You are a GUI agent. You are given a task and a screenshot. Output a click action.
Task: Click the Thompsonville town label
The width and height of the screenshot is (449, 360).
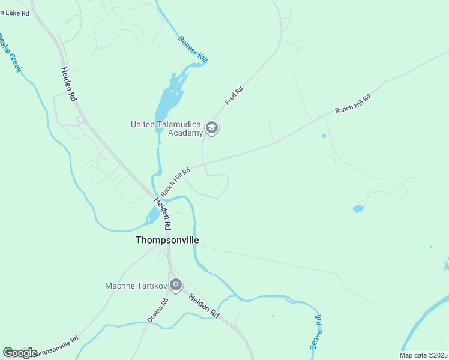click(x=167, y=240)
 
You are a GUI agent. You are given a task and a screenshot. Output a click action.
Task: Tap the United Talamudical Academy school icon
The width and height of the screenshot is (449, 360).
click(x=211, y=128)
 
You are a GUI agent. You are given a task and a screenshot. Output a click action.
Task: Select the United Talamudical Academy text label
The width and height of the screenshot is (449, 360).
click(x=167, y=128)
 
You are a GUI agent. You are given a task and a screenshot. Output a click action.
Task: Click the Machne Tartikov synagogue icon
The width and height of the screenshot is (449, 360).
click(x=175, y=285)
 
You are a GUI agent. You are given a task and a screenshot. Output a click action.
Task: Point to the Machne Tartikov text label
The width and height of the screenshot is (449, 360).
click(x=136, y=285)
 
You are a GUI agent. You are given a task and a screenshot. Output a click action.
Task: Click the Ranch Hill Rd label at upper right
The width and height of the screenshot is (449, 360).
click(x=352, y=103)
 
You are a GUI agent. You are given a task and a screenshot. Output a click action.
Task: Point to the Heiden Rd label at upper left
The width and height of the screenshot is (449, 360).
click(x=69, y=83)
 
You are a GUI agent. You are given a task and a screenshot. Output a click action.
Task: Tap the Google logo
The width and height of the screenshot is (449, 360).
click(x=20, y=353)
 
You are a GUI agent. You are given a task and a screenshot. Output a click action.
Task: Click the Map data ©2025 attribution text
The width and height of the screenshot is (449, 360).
click(x=423, y=355)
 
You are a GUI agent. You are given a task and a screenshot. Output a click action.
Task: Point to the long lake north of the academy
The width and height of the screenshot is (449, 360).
click(x=169, y=99)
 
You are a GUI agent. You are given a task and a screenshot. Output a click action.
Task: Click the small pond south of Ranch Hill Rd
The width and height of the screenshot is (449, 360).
click(x=358, y=209)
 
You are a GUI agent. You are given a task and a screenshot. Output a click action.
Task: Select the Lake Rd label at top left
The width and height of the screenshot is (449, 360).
click(x=14, y=13)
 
